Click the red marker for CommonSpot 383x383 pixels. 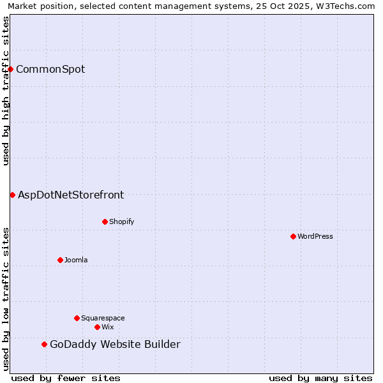(11, 69)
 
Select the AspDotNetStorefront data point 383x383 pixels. (12, 195)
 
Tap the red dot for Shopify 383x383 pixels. (105, 222)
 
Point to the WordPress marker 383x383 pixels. (293, 236)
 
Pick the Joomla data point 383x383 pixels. (60, 260)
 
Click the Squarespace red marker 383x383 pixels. (77, 318)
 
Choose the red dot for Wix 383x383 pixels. (97, 327)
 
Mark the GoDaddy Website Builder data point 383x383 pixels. (44, 345)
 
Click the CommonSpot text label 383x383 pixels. (50, 69)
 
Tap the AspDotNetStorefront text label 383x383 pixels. (71, 195)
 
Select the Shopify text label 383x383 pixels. (121, 222)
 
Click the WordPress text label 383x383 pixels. (315, 236)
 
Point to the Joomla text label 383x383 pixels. (76, 260)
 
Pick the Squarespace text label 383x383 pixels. (103, 318)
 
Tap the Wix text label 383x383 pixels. (107, 327)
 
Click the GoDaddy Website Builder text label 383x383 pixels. (115, 345)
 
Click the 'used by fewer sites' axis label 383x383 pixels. (66, 378)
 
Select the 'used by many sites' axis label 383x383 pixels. (320, 378)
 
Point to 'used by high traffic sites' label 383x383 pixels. (6, 91)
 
